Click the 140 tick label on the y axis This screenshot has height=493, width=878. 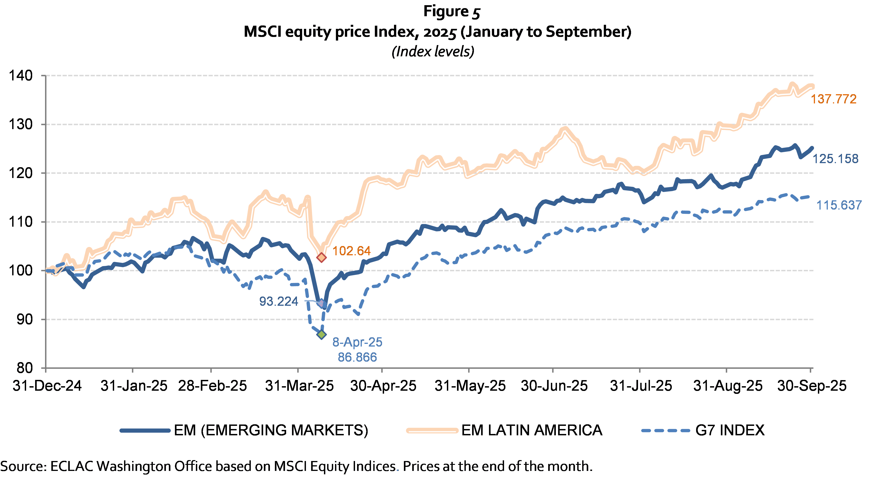point(20,75)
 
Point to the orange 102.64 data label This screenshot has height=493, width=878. point(351,251)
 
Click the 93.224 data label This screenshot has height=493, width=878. point(278,301)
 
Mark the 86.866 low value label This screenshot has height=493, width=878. point(357,357)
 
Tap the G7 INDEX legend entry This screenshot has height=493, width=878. point(729,430)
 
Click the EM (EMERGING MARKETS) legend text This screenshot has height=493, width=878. point(271,430)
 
